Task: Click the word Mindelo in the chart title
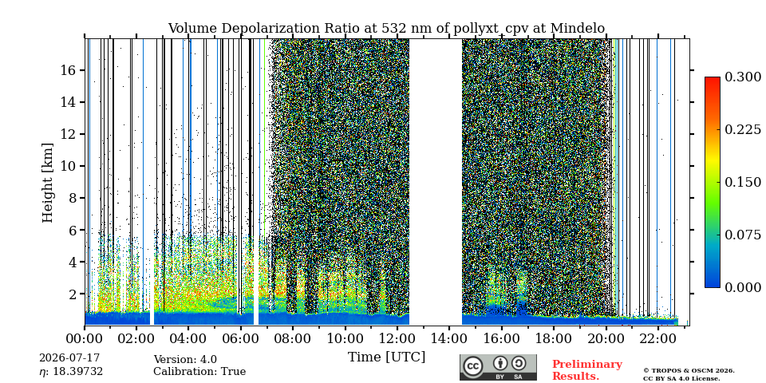pos(578,29)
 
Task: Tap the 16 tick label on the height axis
pos(68,70)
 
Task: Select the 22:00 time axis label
pos(657,338)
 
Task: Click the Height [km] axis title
pos(47,183)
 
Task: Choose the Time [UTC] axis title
pos(386,357)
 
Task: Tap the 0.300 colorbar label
pos(743,77)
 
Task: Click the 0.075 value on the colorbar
pos(743,235)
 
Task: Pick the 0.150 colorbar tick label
pos(743,182)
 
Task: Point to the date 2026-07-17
pos(69,358)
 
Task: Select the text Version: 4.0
pos(185,360)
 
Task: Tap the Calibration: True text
pos(199,372)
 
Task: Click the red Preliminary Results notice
pos(587,370)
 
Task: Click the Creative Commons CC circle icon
pos(472,367)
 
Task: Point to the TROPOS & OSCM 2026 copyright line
pos(689,371)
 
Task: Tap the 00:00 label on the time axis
pos(85,338)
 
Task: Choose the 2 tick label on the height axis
pos(73,294)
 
